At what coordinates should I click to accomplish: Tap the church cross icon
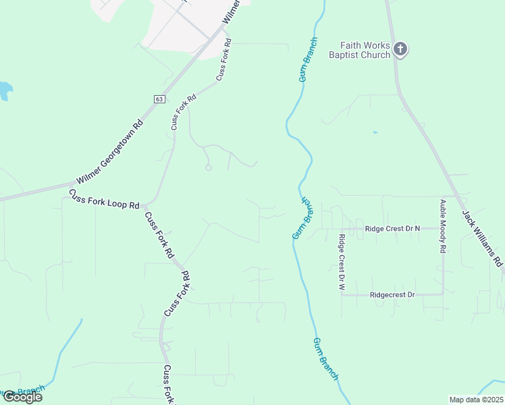click(400, 49)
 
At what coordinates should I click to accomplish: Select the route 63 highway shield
click(159, 99)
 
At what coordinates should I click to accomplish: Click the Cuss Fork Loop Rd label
click(104, 198)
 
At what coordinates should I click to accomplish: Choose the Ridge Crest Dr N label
click(392, 229)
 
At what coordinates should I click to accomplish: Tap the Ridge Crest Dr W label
click(342, 262)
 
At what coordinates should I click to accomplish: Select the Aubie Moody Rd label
click(443, 226)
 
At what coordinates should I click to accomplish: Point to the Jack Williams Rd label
click(483, 238)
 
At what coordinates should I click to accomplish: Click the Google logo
click(22, 397)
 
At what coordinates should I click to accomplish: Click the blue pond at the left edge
click(4, 90)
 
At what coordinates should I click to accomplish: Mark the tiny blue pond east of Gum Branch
click(375, 132)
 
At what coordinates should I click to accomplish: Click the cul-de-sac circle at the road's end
click(209, 167)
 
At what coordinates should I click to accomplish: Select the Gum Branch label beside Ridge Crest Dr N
click(302, 218)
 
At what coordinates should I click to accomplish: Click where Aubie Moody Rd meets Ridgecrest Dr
click(443, 295)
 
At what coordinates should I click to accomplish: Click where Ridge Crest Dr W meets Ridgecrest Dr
click(342, 295)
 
